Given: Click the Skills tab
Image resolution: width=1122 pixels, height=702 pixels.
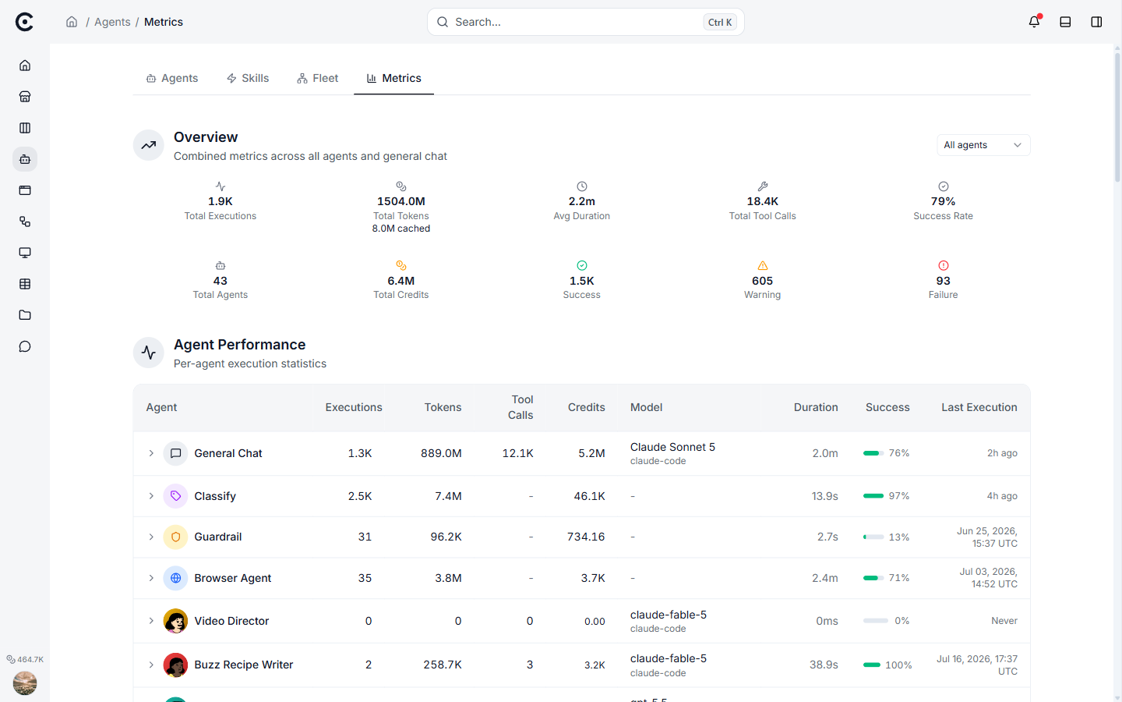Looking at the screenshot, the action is click(248, 78).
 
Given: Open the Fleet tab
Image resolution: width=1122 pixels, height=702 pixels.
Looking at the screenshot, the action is click(318, 78).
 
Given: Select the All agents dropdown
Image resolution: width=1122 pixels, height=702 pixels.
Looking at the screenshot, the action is click(983, 145).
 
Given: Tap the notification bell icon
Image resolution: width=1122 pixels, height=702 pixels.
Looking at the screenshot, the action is click(1034, 22).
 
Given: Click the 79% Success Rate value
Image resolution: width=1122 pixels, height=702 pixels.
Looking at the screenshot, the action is click(943, 201).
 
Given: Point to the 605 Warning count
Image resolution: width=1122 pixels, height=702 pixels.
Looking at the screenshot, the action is click(762, 281).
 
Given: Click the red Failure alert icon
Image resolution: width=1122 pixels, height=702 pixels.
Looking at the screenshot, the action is click(943, 265).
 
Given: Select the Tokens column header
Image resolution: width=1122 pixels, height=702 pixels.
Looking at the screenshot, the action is click(443, 407).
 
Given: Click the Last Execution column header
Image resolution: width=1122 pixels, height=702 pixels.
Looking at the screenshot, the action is click(979, 407).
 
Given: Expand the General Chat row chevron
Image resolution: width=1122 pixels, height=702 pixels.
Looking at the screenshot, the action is click(151, 453).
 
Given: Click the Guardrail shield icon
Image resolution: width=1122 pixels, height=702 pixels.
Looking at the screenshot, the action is click(175, 537).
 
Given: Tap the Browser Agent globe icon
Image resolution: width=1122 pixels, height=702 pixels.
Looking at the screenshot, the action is click(175, 578).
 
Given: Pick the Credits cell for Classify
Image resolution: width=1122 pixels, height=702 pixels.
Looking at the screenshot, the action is click(589, 496).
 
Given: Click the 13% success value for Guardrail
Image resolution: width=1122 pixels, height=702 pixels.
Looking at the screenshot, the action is click(898, 537).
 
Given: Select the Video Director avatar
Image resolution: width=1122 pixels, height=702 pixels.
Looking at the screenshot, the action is click(175, 621).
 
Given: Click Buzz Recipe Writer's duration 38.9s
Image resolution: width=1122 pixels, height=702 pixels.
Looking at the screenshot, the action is click(824, 665).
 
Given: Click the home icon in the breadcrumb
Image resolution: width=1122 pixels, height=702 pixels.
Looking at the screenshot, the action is click(72, 22).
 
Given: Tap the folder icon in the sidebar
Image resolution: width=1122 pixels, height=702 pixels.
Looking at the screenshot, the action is click(25, 315).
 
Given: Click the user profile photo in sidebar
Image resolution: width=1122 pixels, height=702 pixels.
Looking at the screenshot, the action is click(25, 683).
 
